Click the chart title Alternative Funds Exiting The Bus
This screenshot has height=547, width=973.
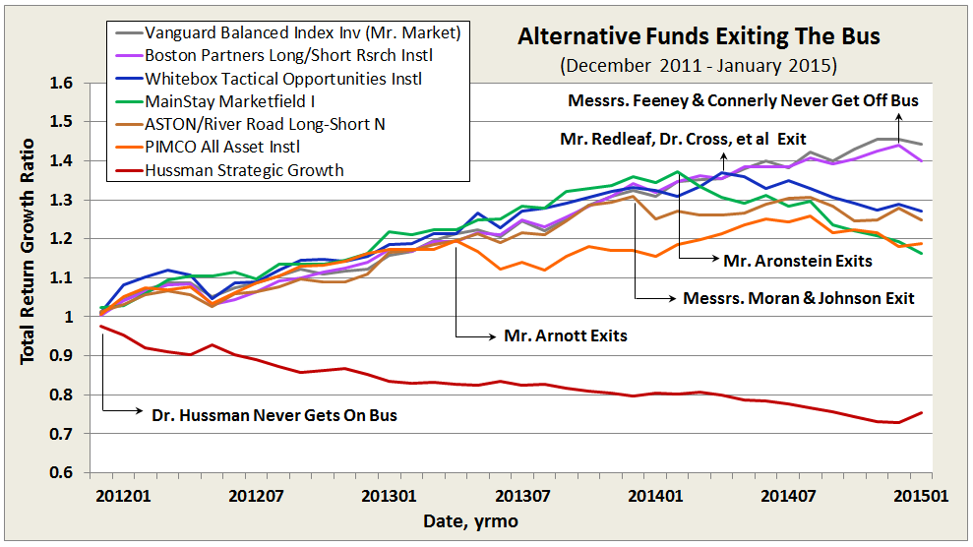[699, 38]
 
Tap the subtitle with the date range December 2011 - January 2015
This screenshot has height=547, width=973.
[699, 66]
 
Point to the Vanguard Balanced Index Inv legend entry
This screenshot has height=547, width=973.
[300, 31]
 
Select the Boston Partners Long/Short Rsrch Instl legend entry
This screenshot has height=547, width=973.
[300, 54]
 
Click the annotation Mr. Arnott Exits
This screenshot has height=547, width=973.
[565, 335]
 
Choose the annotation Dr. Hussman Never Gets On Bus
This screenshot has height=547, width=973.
[274, 414]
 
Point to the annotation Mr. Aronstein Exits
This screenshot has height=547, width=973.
[784, 260]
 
